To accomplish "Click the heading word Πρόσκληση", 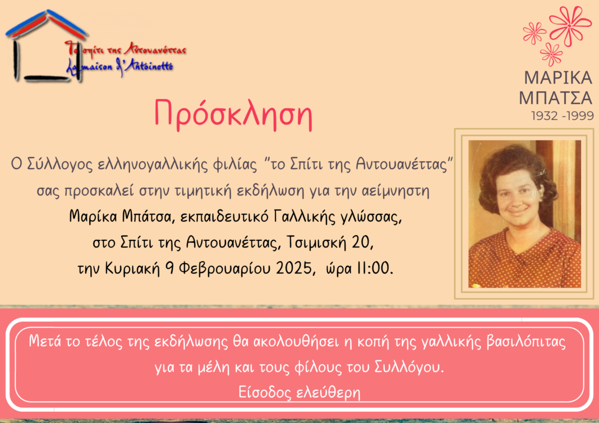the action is [233, 114].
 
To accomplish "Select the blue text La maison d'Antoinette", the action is [120, 67].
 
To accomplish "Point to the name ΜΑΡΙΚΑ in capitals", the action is [558, 78].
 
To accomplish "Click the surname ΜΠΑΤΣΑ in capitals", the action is [555, 97].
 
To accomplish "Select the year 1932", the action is [545, 115].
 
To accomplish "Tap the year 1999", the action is [579, 115].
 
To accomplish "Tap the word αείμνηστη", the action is [395, 190].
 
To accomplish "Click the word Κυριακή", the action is [132, 268].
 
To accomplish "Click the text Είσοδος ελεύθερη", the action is [299, 392].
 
